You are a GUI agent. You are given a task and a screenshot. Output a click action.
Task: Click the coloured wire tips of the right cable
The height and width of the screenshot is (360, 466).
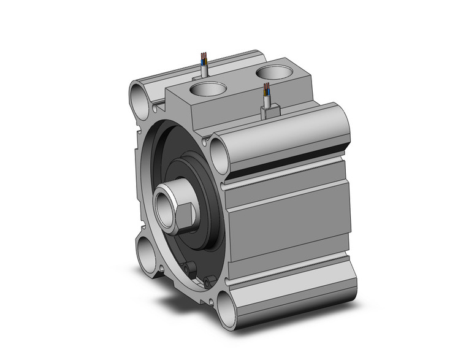point(267,91)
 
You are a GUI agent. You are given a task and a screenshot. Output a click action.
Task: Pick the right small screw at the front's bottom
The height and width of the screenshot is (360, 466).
point(207,280)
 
